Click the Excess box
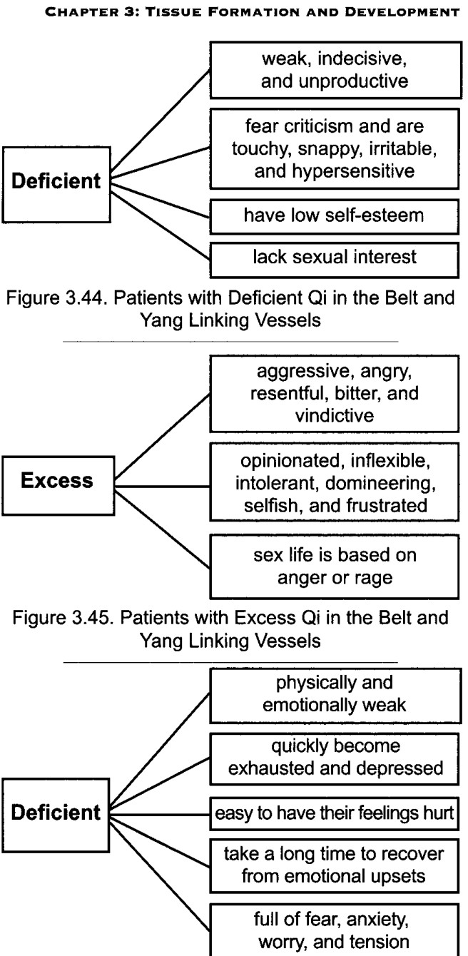pos(58,486)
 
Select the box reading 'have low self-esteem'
pos(334,216)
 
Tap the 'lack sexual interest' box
pos(334,260)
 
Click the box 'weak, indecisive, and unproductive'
pos(336,70)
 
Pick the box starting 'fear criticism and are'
pos(334,148)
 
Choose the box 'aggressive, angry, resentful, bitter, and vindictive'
pos(334,394)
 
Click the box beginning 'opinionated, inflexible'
pos(334,482)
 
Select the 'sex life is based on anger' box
pos(334,566)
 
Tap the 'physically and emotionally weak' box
pos(335,696)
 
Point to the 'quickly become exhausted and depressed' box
pos(334,759)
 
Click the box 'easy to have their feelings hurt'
pos(334,813)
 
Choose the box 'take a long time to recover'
pos(334,865)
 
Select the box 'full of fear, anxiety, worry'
pos(334,930)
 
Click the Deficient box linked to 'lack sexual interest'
pos(56,185)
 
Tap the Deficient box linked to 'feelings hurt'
pos(56,815)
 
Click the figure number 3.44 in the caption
pos(86,298)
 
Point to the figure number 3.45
pos(93,618)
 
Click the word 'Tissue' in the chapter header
pos(174,11)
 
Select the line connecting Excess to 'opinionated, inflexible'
pos(162,486)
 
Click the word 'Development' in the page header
pos(402,11)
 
